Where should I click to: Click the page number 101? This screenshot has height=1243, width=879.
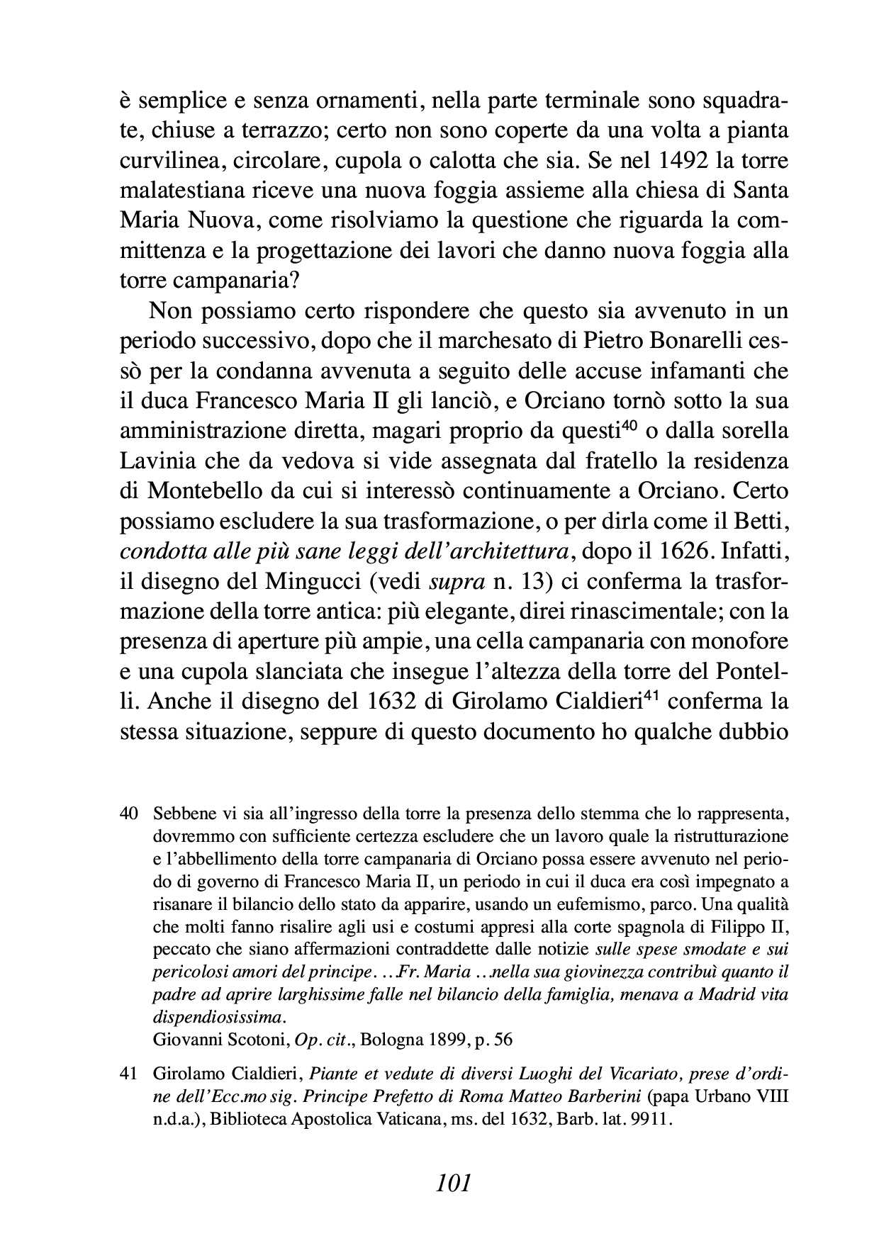(x=454, y=1183)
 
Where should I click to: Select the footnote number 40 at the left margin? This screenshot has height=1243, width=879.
(x=128, y=813)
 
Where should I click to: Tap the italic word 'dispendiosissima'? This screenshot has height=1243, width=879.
(x=218, y=1018)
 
